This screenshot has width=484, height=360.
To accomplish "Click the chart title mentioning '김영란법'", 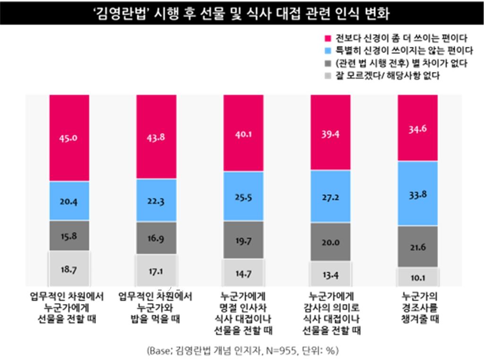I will pos(242,14).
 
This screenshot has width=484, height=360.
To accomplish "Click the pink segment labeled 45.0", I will pos(69,138).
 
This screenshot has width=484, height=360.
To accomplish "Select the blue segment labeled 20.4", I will pos(69,201).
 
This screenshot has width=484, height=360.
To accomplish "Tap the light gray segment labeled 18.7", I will pos(69,269).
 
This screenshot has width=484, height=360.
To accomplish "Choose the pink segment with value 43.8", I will pos(156,137).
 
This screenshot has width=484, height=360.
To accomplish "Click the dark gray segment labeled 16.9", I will pos(156,239).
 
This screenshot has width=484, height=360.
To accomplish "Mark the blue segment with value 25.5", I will pos(244,196).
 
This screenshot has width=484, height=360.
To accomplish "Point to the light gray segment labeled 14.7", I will pos(244,272).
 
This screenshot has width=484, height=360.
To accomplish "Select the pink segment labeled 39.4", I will pos(331,132).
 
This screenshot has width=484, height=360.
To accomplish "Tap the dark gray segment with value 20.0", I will pos(331,242).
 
